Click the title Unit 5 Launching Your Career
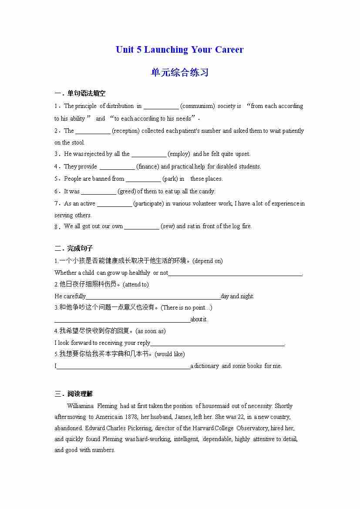pyautogui.click(x=179, y=50)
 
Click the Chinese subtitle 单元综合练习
pyautogui.click(x=180, y=72)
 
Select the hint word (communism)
pyautogui.click(x=197, y=106)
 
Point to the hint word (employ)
pyautogui.click(x=179, y=154)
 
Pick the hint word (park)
pyautogui.click(x=170, y=179)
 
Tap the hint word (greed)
pyautogui.click(x=127, y=191)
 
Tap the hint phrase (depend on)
pyautogui.click(x=207, y=261)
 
